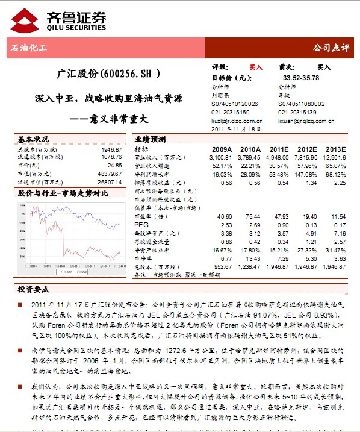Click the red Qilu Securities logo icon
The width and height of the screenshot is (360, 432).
tap(22, 20)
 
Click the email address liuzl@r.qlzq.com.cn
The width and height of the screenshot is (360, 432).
tap(238, 121)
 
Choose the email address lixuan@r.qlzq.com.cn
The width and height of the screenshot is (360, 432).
tap(305, 121)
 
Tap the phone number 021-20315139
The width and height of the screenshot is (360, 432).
tap(297, 112)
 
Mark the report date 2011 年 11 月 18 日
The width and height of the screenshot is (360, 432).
tap(236, 129)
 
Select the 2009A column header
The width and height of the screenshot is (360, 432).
tap(222, 149)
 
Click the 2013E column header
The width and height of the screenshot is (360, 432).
tap(335, 149)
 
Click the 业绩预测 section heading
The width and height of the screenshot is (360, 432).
tap(150, 138)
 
